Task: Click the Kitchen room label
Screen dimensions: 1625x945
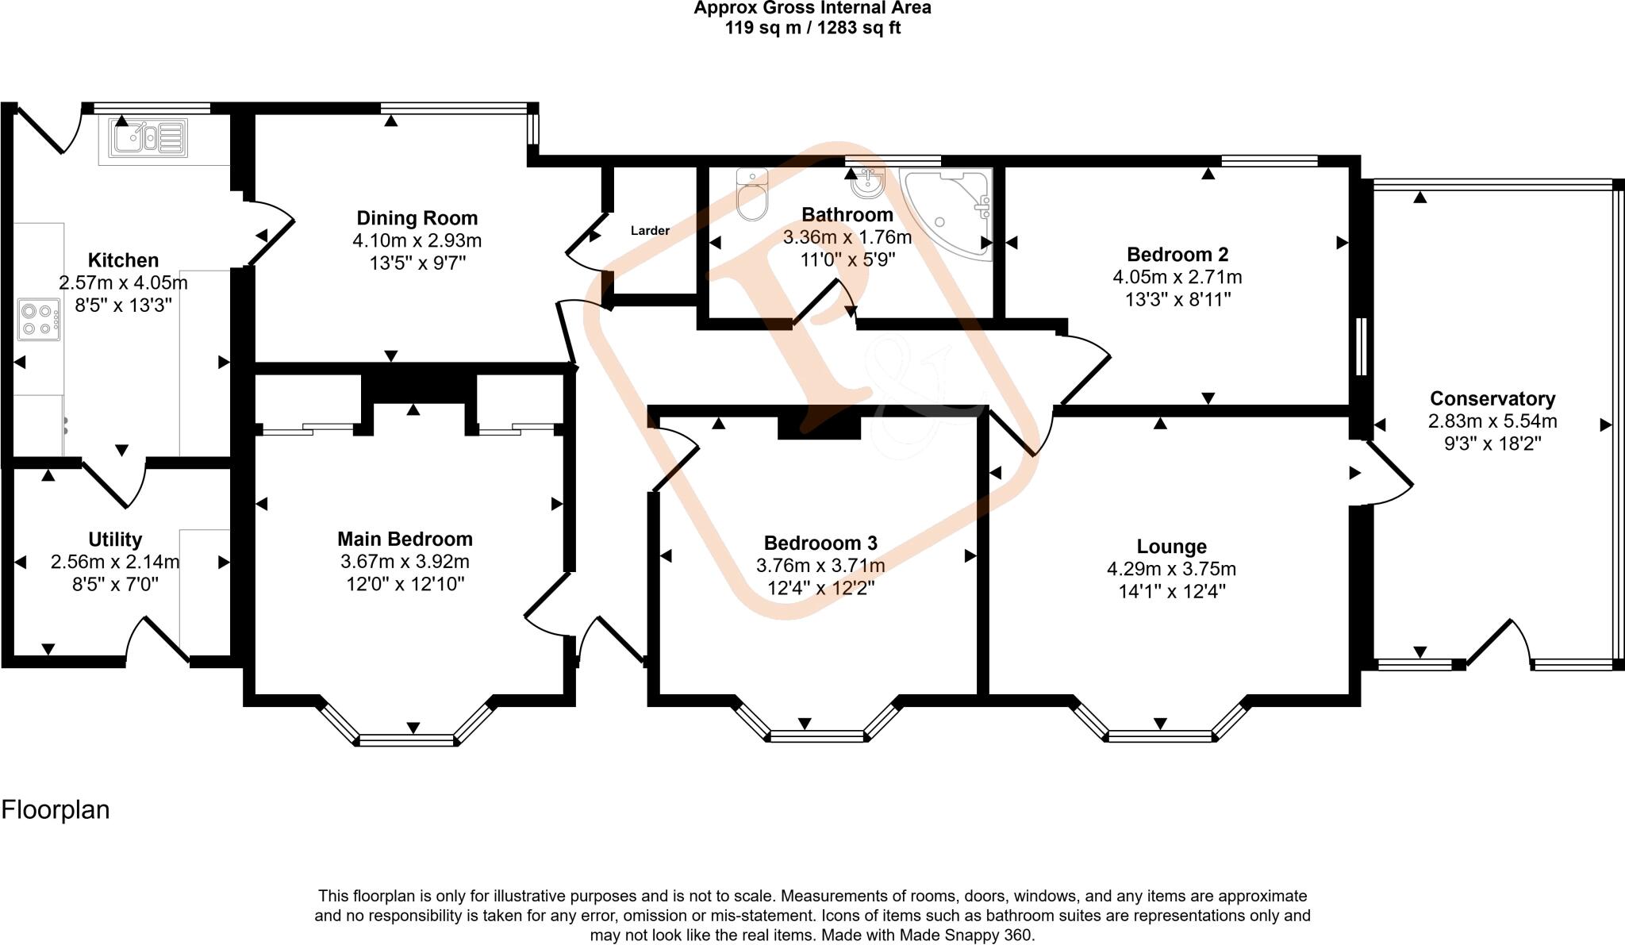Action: pos(123,260)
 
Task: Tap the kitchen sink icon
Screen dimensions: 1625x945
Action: pos(148,137)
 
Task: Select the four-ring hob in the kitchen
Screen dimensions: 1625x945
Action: pos(39,320)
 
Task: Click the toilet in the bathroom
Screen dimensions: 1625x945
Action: pos(752,194)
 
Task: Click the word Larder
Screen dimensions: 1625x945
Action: pos(650,231)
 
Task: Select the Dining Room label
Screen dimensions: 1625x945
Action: pos(417,218)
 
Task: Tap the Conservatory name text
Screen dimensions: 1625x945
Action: pos(1492,399)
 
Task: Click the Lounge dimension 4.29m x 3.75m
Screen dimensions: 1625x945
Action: pos(1171,569)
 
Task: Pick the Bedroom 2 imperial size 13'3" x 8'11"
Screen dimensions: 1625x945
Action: pos(1177,300)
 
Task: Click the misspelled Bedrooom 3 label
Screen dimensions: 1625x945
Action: pos(820,544)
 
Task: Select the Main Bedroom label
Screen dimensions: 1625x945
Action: pos(405,540)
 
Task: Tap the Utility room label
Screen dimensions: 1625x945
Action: pos(115,540)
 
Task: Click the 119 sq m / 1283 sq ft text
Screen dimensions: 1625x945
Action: pos(812,29)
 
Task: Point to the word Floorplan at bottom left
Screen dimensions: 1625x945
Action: pos(56,810)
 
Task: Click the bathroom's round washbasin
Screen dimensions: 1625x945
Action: pos(866,184)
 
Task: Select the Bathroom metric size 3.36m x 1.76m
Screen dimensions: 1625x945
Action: pos(847,237)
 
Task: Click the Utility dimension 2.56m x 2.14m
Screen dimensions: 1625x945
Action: pos(115,563)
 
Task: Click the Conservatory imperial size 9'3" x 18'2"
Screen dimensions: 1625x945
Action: pos(1492,444)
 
